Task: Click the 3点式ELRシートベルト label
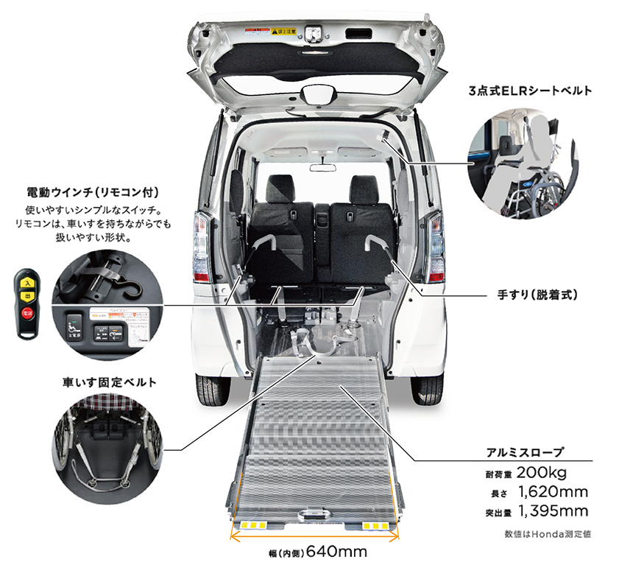[530, 91]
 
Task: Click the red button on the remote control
[26, 312]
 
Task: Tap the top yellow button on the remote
[26, 282]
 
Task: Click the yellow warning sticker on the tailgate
[283, 32]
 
